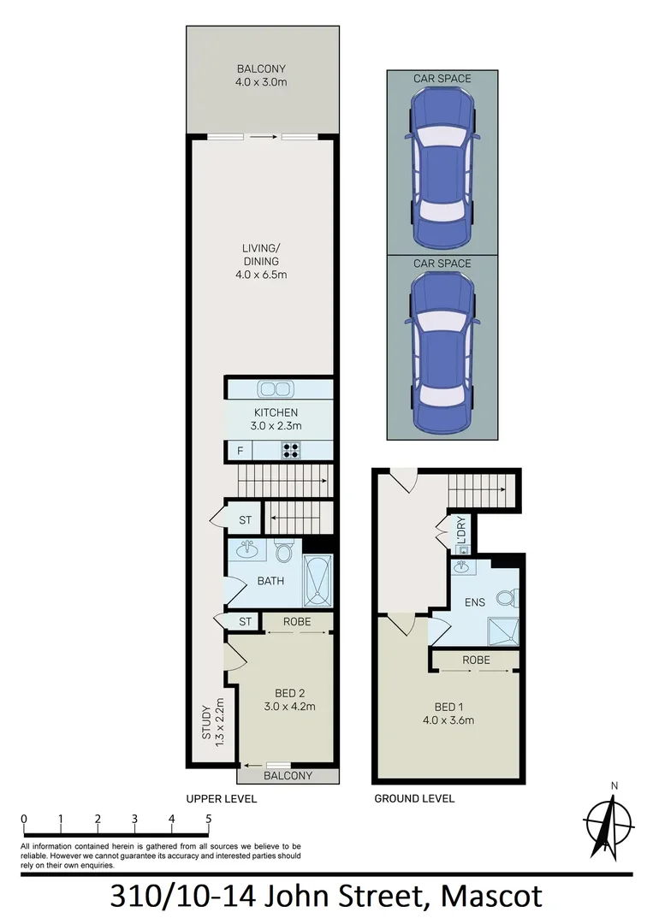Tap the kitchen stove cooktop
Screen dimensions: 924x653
(x=291, y=450)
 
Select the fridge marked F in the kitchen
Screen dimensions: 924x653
(x=240, y=450)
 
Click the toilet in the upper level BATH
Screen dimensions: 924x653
(x=284, y=551)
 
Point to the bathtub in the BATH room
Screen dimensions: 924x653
(x=317, y=580)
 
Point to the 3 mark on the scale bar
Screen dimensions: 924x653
(x=135, y=819)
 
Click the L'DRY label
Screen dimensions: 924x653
(x=460, y=531)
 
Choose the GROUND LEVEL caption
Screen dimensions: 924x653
(x=414, y=798)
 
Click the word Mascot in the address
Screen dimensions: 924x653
(x=491, y=897)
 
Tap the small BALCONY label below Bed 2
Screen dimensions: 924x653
(x=287, y=776)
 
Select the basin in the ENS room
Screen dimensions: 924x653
(x=460, y=568)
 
